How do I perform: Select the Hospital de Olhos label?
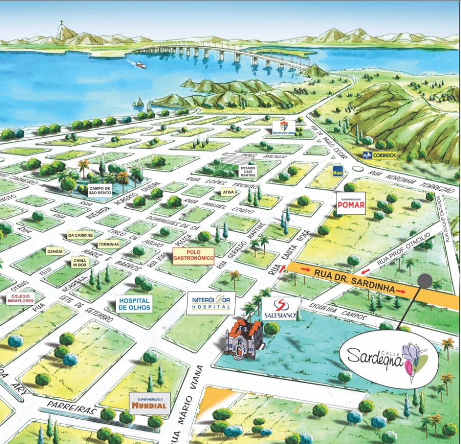134,303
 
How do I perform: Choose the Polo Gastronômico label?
193,255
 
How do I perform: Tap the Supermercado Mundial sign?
149,402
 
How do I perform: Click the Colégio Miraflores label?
21,299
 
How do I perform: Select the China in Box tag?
80,263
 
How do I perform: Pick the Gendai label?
55,251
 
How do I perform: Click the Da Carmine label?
80,235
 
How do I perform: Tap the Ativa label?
227,192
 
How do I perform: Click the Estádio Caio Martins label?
248,171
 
